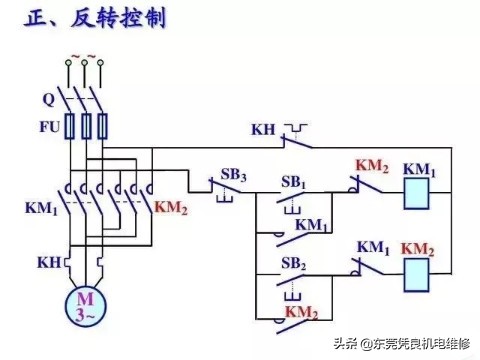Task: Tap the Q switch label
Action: point(46,100)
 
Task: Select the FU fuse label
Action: point(47,127)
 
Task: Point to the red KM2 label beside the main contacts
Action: point(171,208)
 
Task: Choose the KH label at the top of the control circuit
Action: point(263,130)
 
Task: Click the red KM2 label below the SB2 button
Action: point(301,313)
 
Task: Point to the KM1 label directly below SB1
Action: point(313,225)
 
